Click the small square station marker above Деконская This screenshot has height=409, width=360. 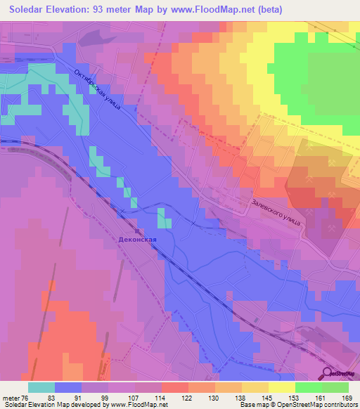(138, 230)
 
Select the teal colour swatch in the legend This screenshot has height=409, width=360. (41, 387)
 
